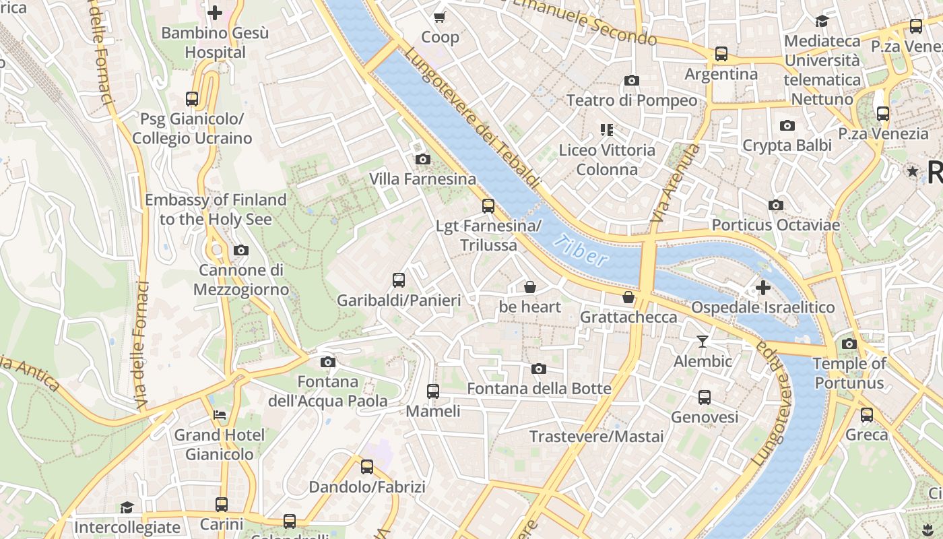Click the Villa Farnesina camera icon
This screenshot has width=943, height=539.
pos(423,160)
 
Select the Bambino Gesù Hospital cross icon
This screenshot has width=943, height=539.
pos(215,13)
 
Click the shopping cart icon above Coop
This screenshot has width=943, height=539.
pos(440,17)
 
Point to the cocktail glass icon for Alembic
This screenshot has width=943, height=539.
pos(703,342)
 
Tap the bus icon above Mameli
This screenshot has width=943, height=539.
pos(433,391)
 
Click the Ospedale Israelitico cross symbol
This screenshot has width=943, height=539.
pos(762,288)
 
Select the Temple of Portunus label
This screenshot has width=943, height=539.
pos(849,373)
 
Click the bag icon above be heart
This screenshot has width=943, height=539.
pos(530,288)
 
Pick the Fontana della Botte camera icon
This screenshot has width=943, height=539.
pos(539,369)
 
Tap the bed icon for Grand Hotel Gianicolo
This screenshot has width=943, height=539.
pos(220,415)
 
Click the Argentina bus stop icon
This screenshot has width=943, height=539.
pos(721,54)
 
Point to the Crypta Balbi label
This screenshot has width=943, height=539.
pos(787,145)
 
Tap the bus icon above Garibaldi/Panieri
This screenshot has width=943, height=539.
pos(399,280)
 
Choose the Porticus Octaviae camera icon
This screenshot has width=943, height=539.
pos(776,205)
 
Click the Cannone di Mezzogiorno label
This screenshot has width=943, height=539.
pos(241,280)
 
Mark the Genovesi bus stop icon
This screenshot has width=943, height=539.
pos(705,398)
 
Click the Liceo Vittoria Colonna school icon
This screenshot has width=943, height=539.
pos(607,129)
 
